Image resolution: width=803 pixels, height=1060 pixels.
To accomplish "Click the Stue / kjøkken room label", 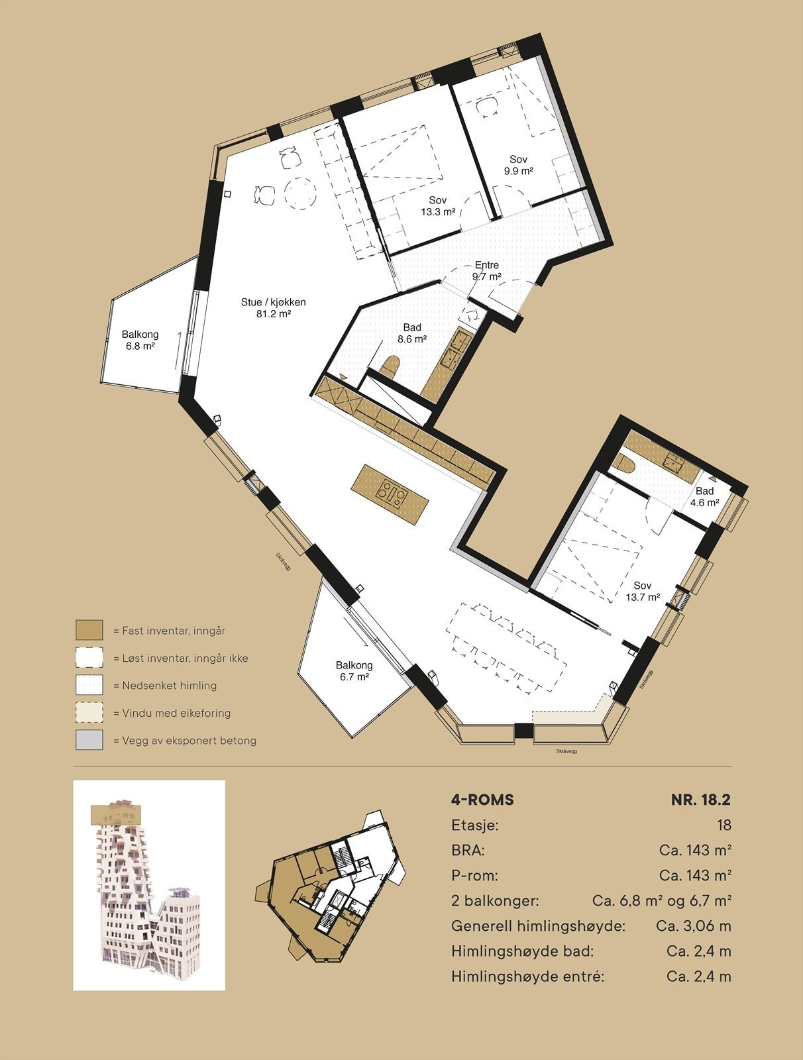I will pos(274,307).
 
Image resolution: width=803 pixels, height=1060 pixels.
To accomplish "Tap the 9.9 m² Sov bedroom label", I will pos(518,164).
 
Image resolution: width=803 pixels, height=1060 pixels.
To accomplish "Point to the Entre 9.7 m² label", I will pos(486,271).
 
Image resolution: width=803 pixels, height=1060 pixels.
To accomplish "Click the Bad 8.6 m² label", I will pos(411,333).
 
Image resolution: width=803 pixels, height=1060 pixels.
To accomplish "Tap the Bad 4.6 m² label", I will pos(704,496).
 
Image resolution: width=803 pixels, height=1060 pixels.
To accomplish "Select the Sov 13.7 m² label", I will pos(643,591).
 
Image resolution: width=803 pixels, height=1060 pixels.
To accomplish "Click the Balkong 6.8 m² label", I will pos(140,340).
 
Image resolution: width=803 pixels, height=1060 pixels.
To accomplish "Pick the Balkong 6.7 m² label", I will pos(354,670).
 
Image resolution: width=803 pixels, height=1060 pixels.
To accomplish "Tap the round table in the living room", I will pos(300,193).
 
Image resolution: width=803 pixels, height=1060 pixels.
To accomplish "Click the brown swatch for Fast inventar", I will pos(89,630).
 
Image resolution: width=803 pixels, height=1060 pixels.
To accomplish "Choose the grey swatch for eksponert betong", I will pos(89,740).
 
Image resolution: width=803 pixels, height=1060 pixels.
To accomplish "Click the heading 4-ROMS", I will pos(482,800).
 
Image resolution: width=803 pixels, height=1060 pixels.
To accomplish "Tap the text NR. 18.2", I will pos(700,800).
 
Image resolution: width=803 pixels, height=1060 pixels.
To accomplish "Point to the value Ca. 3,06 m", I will pos(694,926).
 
